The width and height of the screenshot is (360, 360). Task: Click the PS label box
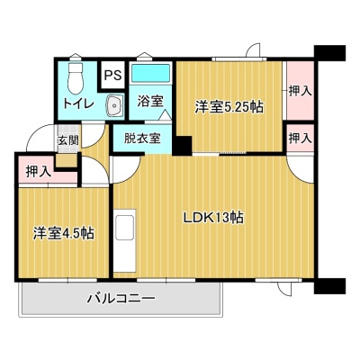112,75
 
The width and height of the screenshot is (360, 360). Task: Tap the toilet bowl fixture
76,78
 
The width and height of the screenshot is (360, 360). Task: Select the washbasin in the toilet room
114,105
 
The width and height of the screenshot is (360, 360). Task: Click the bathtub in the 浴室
151,72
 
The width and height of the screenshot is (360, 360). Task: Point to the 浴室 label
150,101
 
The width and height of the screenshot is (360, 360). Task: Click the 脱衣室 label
142,139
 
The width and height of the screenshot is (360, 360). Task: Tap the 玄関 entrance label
68,140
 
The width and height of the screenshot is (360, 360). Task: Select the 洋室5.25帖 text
229,107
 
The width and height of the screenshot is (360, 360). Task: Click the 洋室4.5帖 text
64,233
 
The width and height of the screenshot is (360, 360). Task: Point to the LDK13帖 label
213,218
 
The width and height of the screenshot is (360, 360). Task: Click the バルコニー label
121,299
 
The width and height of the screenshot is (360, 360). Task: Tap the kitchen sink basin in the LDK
125,228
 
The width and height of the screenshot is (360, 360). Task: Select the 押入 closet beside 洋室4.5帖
37,172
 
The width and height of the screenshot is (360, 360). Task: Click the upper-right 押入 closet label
301,91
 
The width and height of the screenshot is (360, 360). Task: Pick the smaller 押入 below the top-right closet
301,139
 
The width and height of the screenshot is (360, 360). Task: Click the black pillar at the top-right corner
329,53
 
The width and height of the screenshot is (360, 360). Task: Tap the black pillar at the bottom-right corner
329,286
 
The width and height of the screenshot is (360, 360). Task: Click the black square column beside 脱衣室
182,146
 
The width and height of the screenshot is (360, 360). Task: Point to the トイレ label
78,103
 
